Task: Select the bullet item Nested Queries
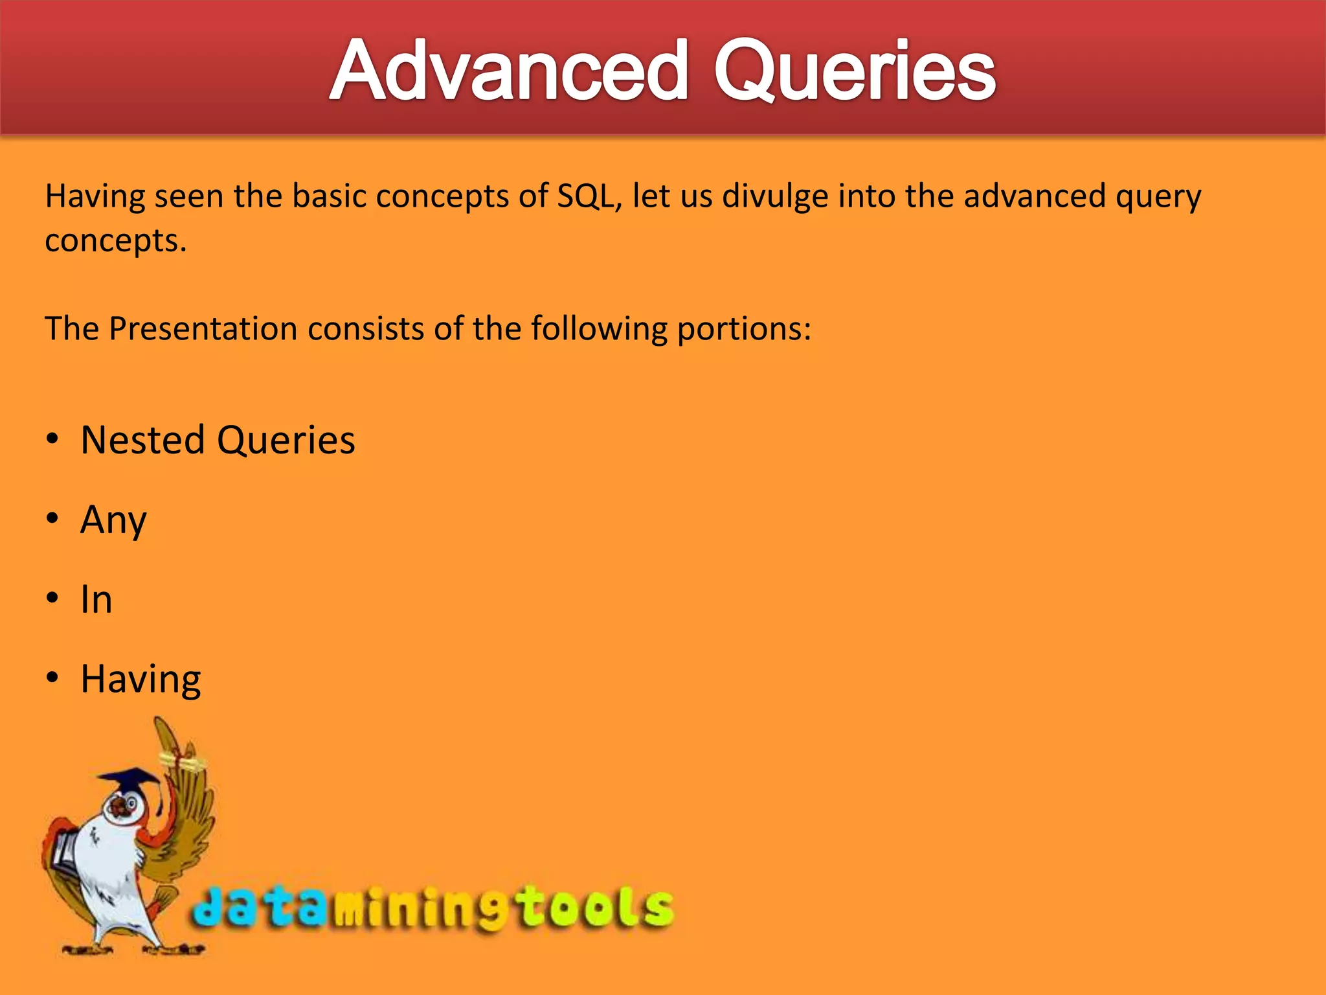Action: [x=218, y=440]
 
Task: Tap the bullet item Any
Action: [x=114, y=520]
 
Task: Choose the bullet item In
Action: [x=96, y=600]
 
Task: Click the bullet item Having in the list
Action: [x=140, y=680]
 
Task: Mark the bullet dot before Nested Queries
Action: [x=52, y=439]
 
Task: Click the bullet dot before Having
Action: [x=52, y=678]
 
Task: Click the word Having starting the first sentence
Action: [x=95, y=196]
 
